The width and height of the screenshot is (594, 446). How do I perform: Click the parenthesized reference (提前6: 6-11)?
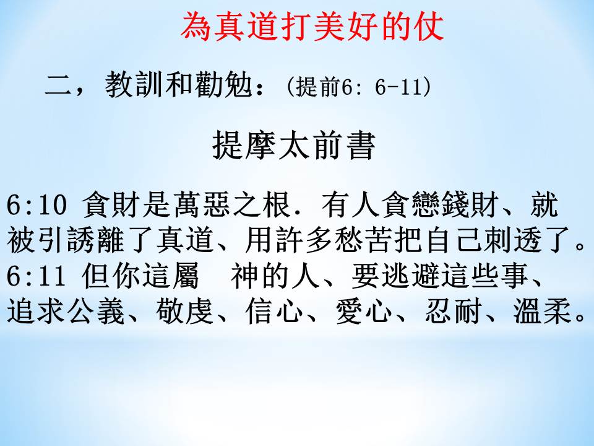pos(359,87)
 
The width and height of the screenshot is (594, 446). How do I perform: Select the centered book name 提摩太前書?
pos(294,145)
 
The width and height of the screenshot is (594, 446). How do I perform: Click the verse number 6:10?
pos(37,205)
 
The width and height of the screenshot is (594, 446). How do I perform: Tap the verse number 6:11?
pos(37,276)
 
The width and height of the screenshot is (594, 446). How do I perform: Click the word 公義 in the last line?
pos(97,312)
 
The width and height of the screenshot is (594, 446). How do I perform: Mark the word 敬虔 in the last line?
pos(186,312)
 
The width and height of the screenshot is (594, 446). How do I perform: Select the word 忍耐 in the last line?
pos(454,312)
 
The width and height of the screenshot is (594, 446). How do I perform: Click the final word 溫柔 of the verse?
pos(543,312)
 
